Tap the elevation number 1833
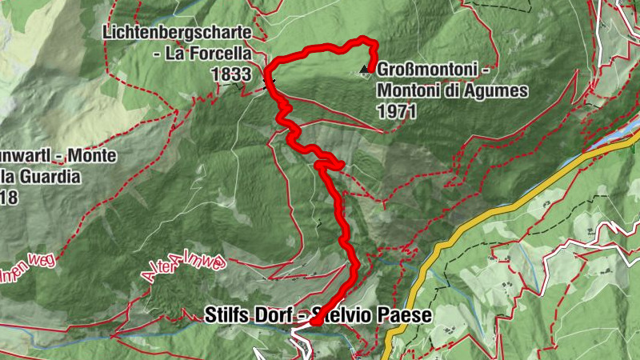coord(227,74)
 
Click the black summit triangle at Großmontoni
coord(366,69)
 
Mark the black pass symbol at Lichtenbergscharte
coord(268,81)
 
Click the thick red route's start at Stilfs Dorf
coord(314,322)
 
